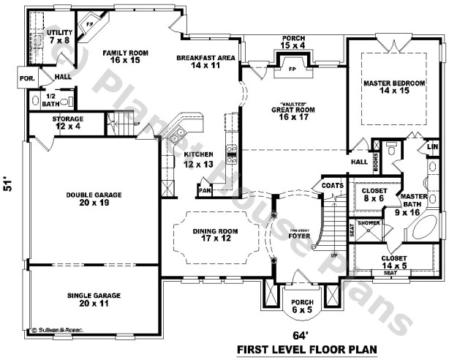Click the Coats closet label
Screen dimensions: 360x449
[332, 187]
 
